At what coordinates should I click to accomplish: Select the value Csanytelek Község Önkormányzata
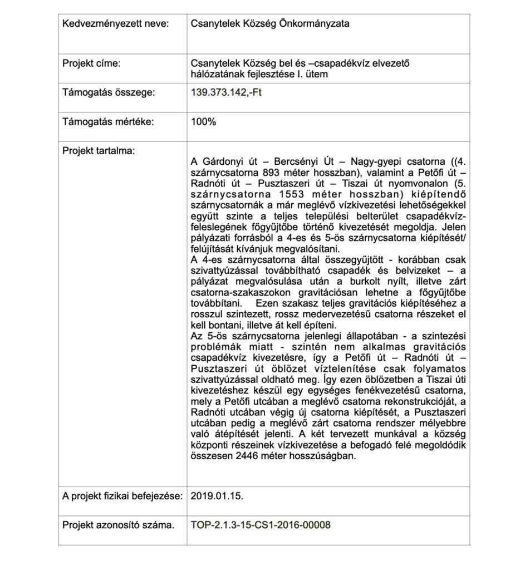click(271, 24)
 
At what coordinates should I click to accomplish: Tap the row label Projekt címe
click(91, 63)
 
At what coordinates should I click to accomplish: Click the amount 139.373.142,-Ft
click(226, 92)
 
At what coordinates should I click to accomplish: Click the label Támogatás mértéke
click(108, 122)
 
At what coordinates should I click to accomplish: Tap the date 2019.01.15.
click(217, 495)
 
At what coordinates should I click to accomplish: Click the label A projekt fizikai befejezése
click(122, 495)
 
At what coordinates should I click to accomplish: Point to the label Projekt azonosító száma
click(118, 524)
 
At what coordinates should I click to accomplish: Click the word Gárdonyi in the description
click(221, 162)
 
